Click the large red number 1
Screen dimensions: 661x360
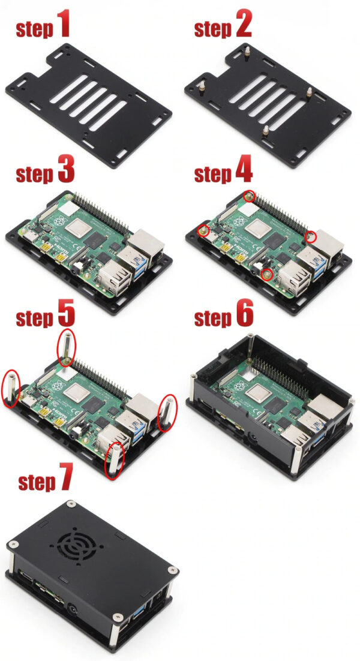click(x=63, y=27)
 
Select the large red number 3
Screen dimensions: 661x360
click(x=65, y=172)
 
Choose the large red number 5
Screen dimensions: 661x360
click(x=65, y=316)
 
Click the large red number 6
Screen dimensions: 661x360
click(x=244, y=314)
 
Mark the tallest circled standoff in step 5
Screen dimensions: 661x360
click(x=67, y=347)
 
